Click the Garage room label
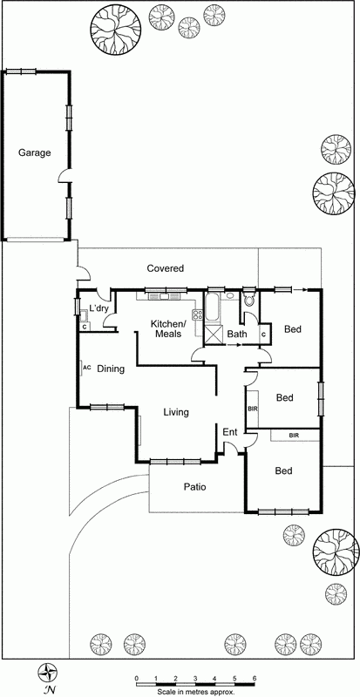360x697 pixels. (35, 152)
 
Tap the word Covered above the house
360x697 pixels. (165, 268)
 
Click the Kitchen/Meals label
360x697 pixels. (169, 329)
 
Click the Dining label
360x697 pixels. (111, 369)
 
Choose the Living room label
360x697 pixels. (176, 412)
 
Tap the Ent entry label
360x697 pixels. (230, 432)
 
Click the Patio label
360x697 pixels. (194, 487)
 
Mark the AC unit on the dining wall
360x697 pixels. (86, 368)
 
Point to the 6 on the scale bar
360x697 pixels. (254, 677)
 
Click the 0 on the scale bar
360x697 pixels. (136, 677)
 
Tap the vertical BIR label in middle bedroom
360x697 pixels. (253, 408)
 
